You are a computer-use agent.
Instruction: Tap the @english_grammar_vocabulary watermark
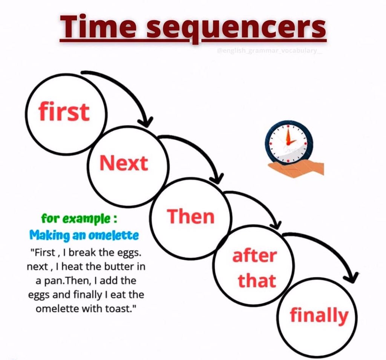click(x=269, y=51)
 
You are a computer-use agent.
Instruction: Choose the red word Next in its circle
click(x=124, y=163)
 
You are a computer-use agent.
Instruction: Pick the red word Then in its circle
click(x=191, y=216)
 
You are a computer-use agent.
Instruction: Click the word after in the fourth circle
click(x=254, y=255)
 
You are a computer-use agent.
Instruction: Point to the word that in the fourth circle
click(x=257, y=281)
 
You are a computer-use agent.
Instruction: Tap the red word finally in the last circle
click(x=319, y=316)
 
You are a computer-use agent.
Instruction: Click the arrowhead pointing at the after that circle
click(x=276, y=224)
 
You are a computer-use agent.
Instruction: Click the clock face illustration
click(x=289, y=142)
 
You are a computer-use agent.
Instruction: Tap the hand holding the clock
click(x=296, y=169)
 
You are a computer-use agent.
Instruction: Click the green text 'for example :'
click(x=79, y=218)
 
